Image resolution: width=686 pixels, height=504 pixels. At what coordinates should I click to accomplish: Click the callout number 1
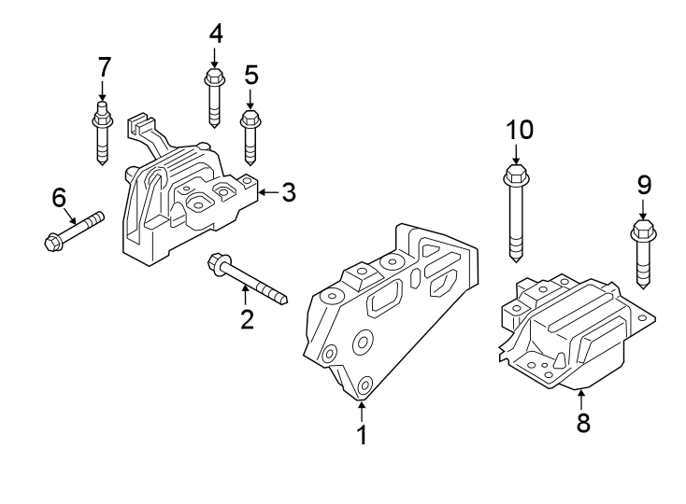click(x=361, y=435)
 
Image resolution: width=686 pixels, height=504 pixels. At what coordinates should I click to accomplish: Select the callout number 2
click(x=247, y=319)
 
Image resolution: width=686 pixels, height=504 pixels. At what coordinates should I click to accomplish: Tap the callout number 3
click(x=288, y=192)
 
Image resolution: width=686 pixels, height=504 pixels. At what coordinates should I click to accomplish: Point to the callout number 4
click(x=216, y=35)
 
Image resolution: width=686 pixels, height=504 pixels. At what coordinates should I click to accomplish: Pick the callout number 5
click(x=250, y=73)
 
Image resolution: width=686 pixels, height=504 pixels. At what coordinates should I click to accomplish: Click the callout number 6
click(x=59, y=197)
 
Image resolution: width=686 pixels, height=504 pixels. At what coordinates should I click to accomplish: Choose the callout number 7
click(x=104, y=66)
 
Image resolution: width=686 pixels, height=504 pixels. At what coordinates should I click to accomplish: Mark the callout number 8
click(x=583, y=423)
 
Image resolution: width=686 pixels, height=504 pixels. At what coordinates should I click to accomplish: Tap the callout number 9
click(x=644, y=185)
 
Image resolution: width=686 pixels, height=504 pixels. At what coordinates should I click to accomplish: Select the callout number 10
click(x=520, y=129)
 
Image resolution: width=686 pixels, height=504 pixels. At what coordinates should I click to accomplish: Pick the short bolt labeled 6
click(x=73, y=231)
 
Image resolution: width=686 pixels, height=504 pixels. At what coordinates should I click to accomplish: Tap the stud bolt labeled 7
click(x=103, y=136)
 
